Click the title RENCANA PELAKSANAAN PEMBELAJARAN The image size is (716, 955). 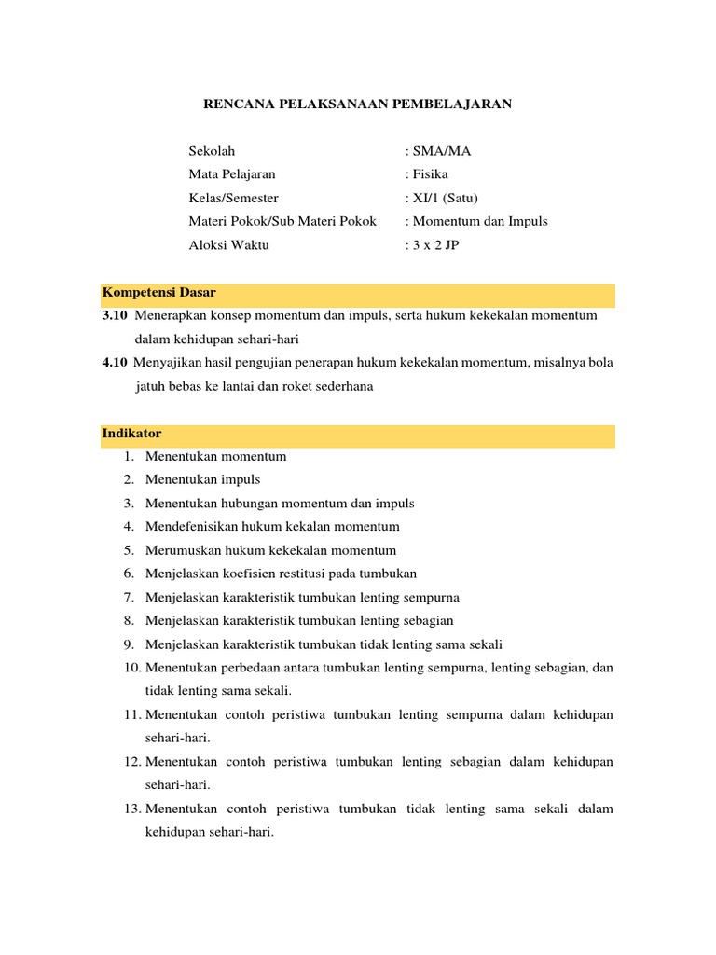(358, 104)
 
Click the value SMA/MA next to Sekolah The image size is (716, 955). (441, 151)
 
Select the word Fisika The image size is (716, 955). (430, 174)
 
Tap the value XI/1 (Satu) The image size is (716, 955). (445, 198)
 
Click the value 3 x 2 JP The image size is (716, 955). (434, 244)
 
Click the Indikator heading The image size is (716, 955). (132, 434)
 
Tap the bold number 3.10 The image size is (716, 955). (116, 316)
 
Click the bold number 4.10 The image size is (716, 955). (115, 362)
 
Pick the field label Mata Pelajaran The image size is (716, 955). (232, 174)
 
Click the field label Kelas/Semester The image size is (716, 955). (234, 198)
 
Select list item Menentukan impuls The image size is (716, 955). (202, 479)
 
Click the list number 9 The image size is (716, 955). (128, 644)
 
